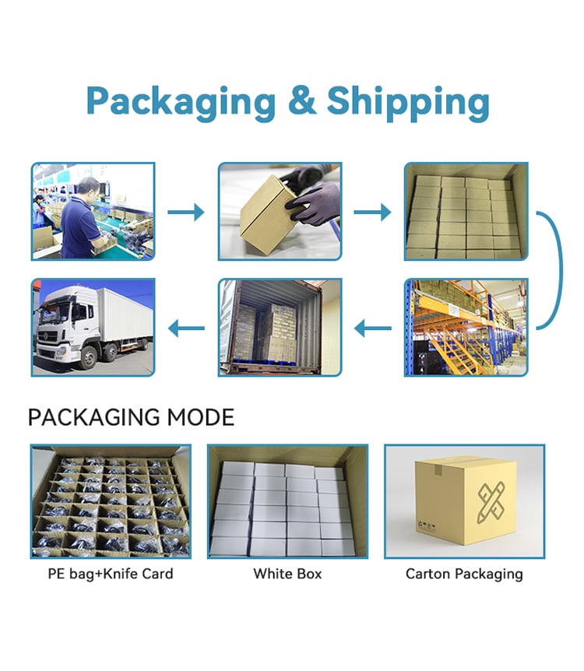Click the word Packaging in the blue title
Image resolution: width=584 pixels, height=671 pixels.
click(181, 103)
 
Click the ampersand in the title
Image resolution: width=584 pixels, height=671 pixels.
click(302, 100)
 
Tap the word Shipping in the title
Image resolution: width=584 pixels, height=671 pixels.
click(408, 103)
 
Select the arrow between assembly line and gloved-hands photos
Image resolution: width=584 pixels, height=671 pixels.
click(186, 212)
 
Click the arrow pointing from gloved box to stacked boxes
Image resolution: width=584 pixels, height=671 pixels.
click(372, 212)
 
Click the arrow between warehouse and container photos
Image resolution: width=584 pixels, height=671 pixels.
click(372, 328)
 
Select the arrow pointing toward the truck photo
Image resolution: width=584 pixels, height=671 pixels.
click(186, 328)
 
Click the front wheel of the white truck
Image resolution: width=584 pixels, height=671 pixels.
click(88, 357)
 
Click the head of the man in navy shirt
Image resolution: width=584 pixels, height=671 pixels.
click(88, 188)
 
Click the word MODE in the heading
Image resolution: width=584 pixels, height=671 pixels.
click(200, 417)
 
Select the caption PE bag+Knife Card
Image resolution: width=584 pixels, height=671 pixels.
click(111, 574)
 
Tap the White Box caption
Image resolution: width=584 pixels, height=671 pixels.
click(287, 574)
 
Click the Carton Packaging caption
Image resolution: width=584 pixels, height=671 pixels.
click(464, 574)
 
